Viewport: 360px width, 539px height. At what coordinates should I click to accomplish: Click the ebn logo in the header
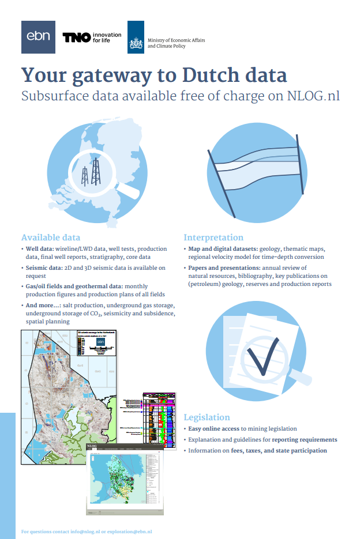pyautogui.click(x=38, y=37)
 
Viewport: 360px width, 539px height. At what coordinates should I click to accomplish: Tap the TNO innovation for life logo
pyautogui.click(x=92, y=37)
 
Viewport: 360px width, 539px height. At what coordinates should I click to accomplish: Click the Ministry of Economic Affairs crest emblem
pyautogui.click(x=136, y=37)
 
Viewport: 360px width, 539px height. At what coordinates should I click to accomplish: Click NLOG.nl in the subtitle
pyautogui.click(x=313, y=96)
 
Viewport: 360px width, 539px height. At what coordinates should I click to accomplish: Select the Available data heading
pyautogui.click(x=51, y=238)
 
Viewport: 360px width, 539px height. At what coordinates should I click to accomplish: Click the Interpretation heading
pyautogui.click(x=213, y=238)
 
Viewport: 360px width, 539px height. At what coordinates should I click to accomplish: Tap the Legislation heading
pyautogui.click(x=207, y=417)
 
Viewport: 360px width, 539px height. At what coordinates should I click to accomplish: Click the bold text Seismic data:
pyautogui.click(x=45, y=268)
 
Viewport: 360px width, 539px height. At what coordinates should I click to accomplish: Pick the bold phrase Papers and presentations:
pyautogui.click(x=224, y=268)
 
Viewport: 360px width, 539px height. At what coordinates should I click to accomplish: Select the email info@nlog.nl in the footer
pyautogui.click(x=82, y=531)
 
